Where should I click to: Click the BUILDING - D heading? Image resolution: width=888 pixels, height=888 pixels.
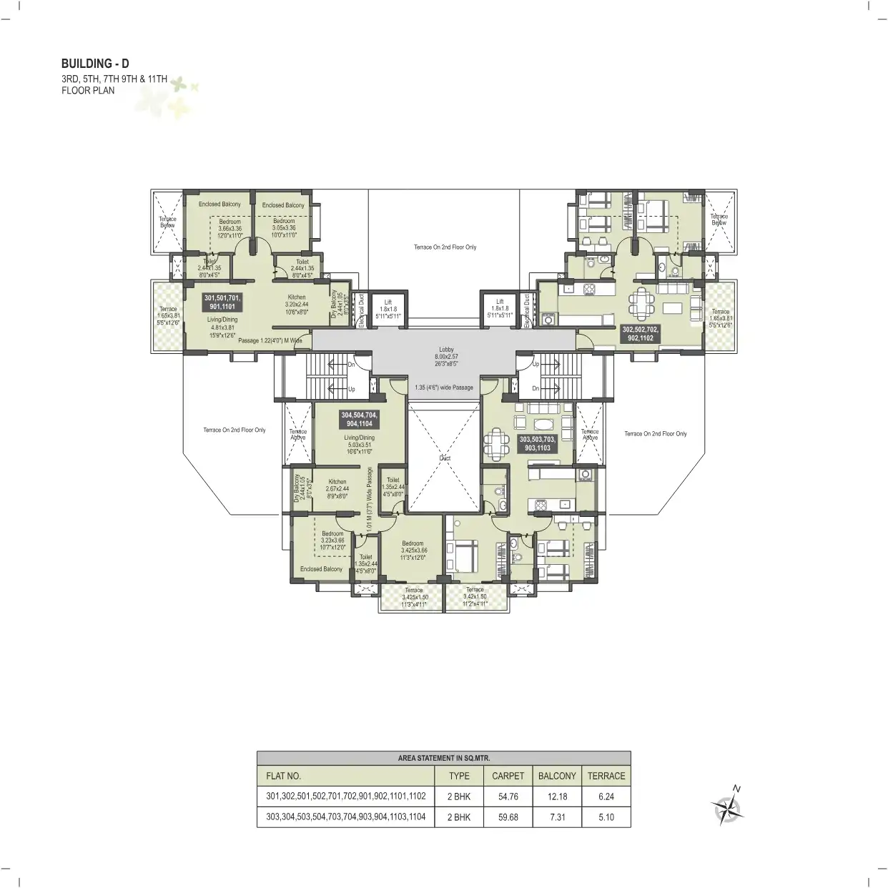click(95, 64)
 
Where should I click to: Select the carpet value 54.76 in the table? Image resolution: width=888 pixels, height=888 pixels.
click(508, 796)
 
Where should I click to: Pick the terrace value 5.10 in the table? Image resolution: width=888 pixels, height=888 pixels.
click(606, 817)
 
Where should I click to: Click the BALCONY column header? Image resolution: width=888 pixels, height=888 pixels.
click(557, 776)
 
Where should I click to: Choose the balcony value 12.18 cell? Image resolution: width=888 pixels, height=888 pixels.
click(557, 796)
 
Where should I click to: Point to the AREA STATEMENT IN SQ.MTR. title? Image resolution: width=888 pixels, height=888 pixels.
click(443, 758)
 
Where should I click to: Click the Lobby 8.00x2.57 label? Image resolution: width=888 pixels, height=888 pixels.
click(446, 356)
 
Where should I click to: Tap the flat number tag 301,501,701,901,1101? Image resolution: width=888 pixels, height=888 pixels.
click(222, 302)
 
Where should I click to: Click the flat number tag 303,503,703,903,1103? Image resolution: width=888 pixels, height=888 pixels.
click(538, 443)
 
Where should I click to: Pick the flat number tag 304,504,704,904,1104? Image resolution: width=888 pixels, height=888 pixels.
click(359, 419)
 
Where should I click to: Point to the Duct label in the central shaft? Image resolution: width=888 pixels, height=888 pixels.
click(445, 458)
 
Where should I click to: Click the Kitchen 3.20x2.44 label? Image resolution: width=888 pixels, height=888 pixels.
click(297, 304)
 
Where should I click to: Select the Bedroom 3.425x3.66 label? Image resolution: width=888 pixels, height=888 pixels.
click(413, 550)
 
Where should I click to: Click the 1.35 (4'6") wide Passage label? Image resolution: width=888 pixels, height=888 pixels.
click(444, 388)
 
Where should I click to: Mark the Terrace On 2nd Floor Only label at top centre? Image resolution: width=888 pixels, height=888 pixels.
click(445, 247)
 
